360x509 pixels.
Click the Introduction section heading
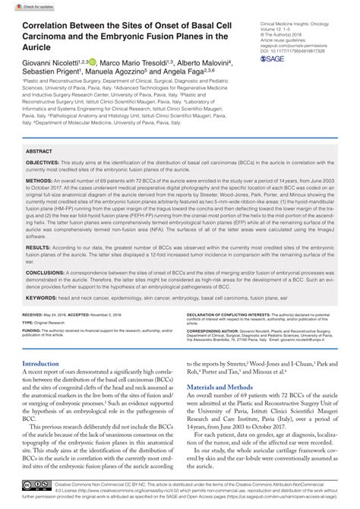click(x=46, y=365)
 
